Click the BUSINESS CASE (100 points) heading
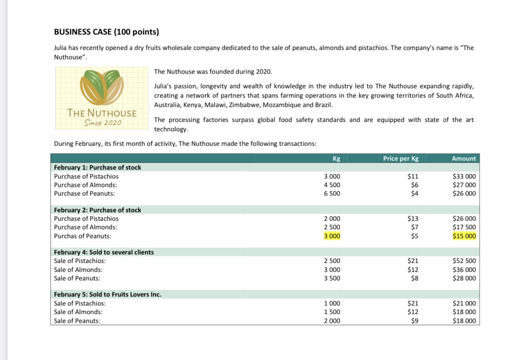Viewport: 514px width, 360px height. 106,32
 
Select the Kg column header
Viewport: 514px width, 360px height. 336,158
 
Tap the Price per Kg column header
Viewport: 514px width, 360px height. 401,158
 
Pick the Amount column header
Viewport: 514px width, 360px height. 463,158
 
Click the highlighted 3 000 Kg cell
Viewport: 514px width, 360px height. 332,236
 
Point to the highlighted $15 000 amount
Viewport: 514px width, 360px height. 464,236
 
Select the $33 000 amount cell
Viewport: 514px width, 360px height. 464,176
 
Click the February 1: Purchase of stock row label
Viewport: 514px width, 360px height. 98,167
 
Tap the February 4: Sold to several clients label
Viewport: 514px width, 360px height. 104,252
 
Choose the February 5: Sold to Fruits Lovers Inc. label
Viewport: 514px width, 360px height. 107,294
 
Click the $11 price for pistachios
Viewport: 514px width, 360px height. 413,176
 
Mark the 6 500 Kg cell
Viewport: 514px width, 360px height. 332,193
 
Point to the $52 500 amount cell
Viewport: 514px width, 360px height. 464,261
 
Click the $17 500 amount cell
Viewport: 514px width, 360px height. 464,228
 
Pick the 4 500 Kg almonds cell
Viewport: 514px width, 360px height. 332,185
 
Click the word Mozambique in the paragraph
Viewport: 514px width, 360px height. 280,105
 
